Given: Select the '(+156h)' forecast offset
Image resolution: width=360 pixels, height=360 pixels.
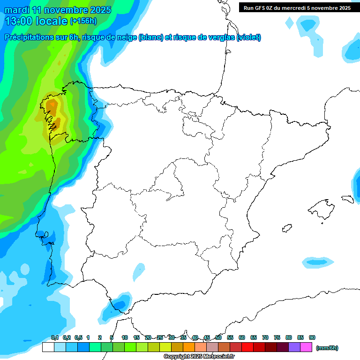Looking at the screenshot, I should coord(83,21).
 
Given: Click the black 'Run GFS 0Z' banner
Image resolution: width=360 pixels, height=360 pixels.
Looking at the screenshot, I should coord(297,8).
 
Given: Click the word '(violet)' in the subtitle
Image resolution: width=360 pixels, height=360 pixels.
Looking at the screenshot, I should coord(249,37).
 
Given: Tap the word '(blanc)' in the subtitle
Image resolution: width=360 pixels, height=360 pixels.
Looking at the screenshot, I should coord(150,37).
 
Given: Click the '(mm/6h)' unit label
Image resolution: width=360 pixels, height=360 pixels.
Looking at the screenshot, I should coord(327,348).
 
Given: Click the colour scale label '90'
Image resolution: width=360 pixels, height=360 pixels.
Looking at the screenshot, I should coord(312,337).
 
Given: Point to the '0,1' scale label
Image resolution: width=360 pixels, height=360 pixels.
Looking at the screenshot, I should coord(55,337).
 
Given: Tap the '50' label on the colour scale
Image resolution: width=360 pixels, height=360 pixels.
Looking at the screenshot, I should coord(218,337).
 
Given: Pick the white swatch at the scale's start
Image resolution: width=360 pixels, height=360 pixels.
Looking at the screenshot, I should coord(48,347).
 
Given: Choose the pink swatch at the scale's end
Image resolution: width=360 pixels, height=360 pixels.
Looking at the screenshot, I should coord(307,347).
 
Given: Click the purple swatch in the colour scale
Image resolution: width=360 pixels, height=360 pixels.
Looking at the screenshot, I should coord(294,347).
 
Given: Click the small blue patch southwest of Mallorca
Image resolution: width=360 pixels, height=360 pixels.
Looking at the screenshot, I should coord(318,262).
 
